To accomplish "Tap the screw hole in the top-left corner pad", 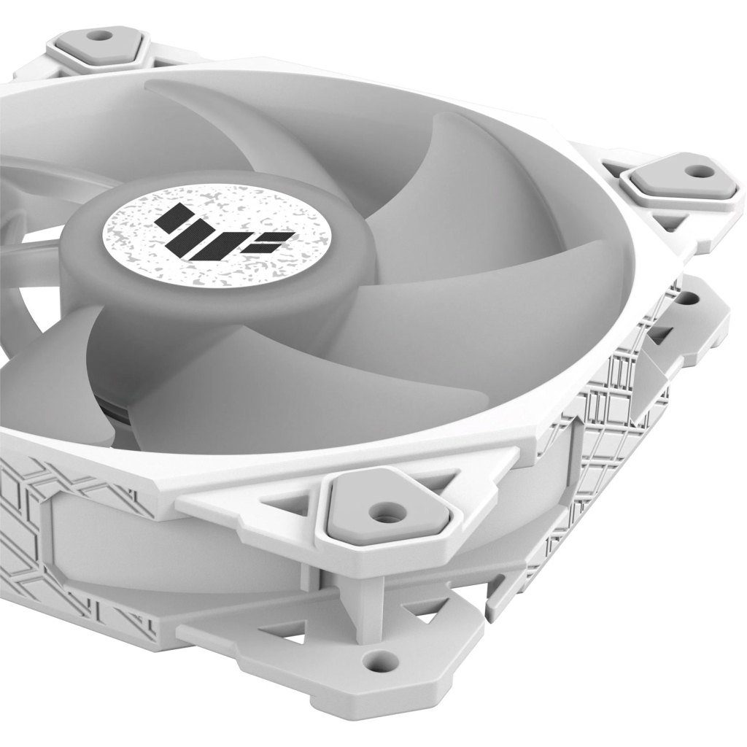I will tap(96, 34).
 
